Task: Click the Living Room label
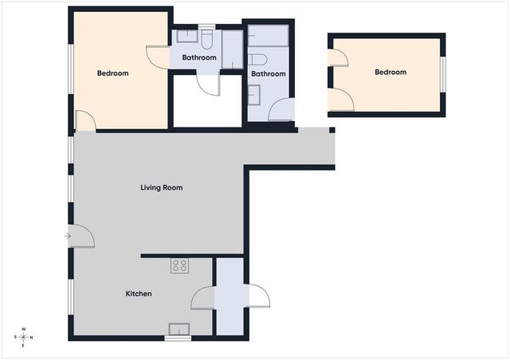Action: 161,188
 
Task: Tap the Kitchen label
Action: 139,294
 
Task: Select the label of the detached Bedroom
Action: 390,72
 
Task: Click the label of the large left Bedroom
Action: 113,73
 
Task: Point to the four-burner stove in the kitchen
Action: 179,265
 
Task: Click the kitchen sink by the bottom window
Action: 178,329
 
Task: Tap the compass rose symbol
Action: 23,337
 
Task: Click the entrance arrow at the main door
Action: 68,236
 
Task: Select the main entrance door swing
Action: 81,236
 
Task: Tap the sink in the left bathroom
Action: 187,36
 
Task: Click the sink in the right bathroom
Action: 254,95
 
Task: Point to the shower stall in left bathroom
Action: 232,49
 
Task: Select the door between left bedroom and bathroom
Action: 158,57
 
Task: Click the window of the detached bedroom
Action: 443,75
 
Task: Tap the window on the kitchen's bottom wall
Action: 178,338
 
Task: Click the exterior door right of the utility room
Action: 259,296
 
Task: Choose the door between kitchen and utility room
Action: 202,298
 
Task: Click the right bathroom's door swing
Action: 281,110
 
